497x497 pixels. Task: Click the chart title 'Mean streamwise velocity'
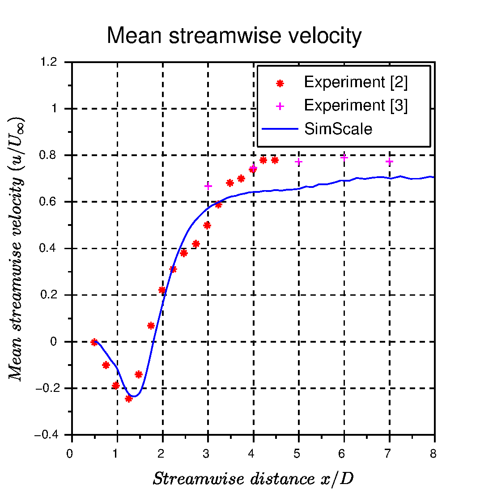click(234, 36)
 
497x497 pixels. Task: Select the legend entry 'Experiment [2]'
click(356, 82)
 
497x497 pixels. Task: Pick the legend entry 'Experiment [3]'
click(356, 106)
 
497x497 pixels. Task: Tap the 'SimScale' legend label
click(338, 129)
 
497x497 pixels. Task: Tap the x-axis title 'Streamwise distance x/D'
click(253, 479)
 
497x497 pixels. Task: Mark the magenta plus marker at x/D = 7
click(389, 161)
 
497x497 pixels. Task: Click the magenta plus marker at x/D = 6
click(344, 157)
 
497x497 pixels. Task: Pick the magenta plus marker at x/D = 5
click(299, 161)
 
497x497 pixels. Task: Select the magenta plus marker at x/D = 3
click(208, 186)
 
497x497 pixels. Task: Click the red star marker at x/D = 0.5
click(94, 342)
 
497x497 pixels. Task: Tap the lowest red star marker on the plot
click(128, 399)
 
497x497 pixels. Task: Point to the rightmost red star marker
click(275, 160)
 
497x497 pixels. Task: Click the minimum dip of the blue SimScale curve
click(133, 396)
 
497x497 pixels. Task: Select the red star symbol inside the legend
click(280, 83)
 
